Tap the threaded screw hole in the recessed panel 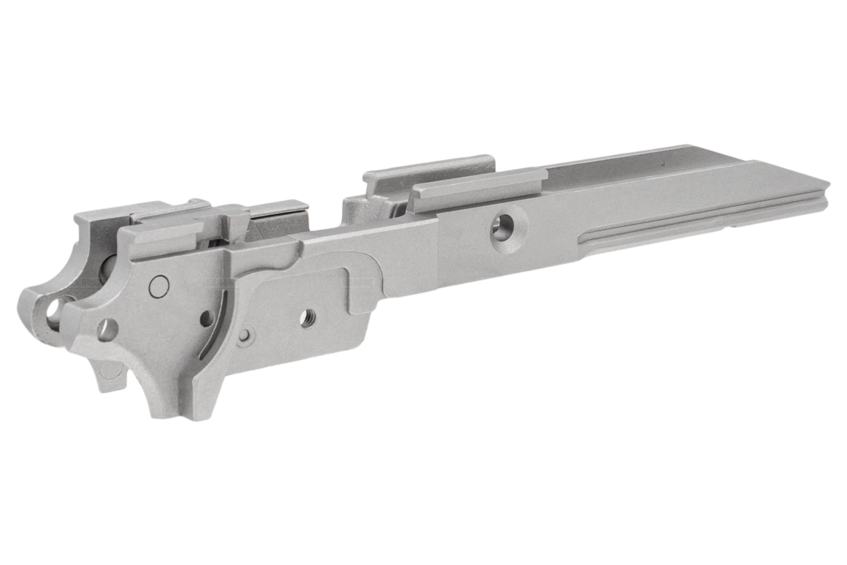click(309, 316)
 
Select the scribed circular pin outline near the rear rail click(158, 287)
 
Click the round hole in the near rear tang click(107, 330)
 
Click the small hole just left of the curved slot click(206, 319)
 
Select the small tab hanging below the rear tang click(110, 376)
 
